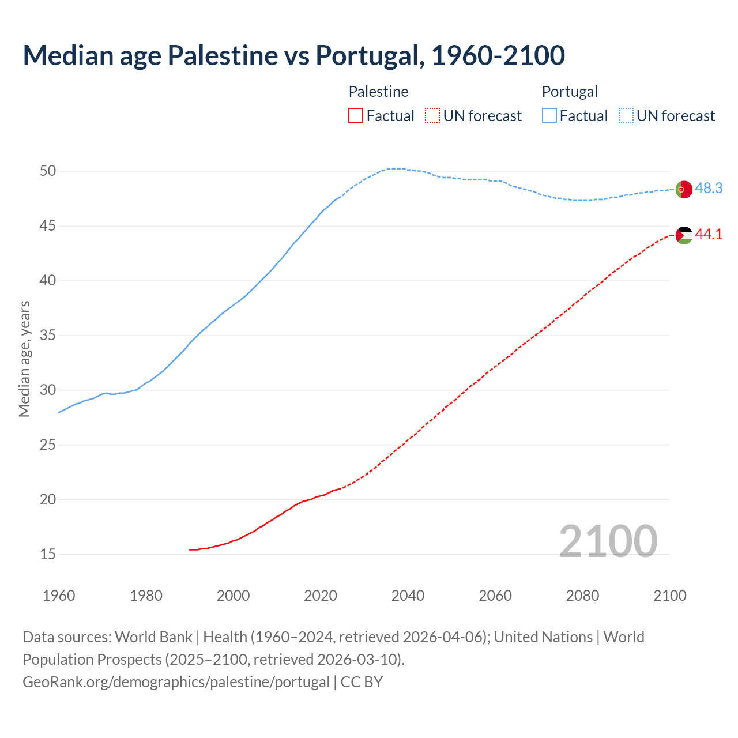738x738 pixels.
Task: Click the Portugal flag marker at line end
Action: tap(683, 189)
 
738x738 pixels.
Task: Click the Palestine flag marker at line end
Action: tap(683, 235)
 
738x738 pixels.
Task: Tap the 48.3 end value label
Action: tap(709, 189)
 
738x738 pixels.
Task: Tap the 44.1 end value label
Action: tap(709, 235)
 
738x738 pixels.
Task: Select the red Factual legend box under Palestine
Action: tap(356, 116)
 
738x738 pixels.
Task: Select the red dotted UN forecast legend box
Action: tap(432, 116)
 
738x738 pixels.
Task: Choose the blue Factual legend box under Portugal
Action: tap(549, 116)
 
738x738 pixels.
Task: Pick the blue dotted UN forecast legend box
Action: tap(626, 116)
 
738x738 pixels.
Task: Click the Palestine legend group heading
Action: tap(378, 92)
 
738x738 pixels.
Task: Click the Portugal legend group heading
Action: tap(570, 92)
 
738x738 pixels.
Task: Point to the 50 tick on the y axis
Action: tap(48, 171)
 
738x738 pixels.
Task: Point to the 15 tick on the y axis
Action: tap(48, 555)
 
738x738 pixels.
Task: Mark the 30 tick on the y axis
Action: tap(48, 390)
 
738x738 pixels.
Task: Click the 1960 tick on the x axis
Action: tap(59, 596)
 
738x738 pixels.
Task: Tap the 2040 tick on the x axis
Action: tap(408, 596)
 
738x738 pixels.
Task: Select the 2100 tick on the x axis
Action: tap(670, 596)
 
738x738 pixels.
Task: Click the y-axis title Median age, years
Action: tap(24, 359)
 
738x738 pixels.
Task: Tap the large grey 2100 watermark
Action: tap(608, 541)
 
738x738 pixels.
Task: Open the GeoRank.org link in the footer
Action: tap(176, 682)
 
